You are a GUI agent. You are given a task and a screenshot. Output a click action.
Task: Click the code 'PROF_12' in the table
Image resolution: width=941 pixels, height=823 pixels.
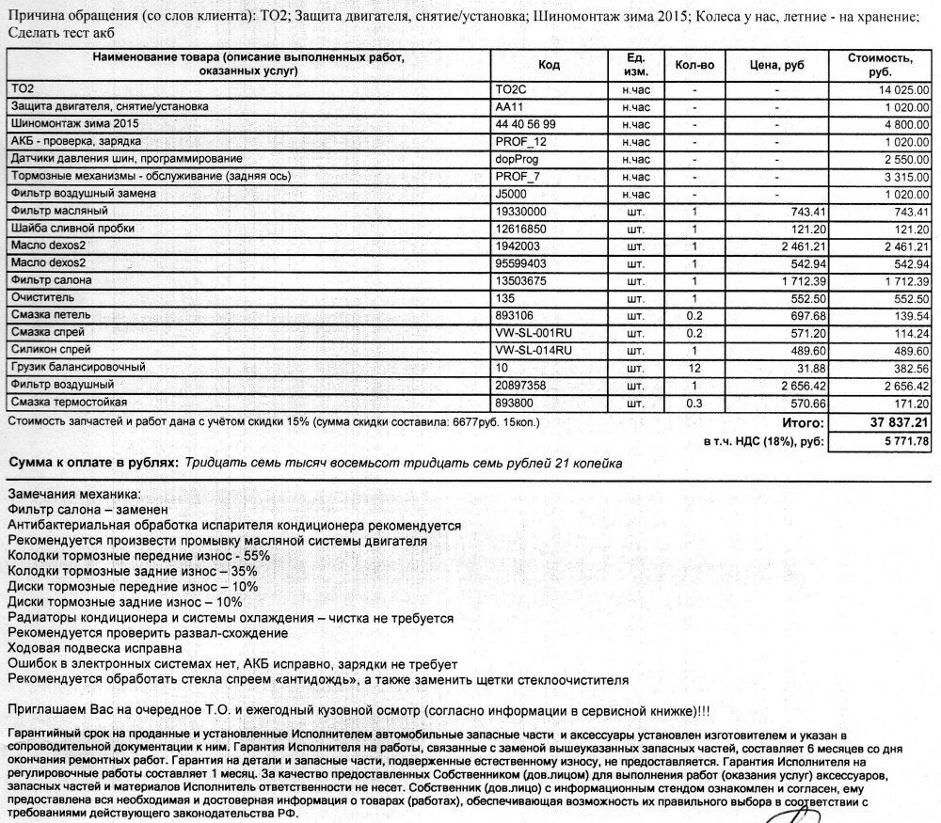click(519, 141)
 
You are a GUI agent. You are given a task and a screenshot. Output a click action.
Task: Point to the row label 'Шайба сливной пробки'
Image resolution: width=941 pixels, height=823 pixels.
click(72, 229)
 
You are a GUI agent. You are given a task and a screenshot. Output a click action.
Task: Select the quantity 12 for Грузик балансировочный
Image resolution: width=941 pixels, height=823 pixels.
click(694, 367)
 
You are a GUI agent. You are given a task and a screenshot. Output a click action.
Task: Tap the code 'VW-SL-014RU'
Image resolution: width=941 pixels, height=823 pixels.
click(533, 350)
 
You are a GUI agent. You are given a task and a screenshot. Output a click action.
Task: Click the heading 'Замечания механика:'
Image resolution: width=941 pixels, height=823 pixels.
click(72, 494)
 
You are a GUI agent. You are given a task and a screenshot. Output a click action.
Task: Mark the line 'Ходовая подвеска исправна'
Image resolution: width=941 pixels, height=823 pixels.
click(93, 647)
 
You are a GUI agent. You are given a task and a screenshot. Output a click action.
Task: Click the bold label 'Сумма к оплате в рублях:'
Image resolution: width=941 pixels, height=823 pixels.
click(92, 464)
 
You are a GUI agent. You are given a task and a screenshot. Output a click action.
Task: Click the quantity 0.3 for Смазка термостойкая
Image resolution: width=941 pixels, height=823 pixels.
click(694, 402)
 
